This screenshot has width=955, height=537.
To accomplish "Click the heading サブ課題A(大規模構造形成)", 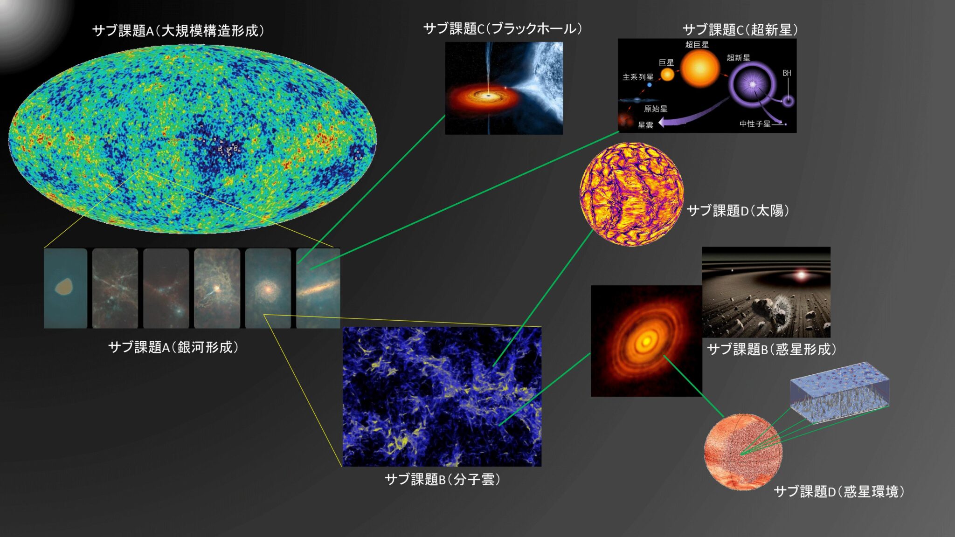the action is pos(178,31).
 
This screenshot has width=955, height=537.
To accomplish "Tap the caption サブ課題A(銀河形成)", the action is pos(173,347).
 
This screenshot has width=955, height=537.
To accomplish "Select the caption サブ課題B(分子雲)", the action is pos(443,479).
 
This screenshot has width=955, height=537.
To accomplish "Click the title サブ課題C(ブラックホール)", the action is pos(503,29).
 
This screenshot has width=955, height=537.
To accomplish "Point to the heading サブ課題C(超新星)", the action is pos(740,30).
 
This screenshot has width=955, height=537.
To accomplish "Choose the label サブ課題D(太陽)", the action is pos(738,211).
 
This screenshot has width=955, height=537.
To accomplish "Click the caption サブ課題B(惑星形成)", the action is pos(772,349).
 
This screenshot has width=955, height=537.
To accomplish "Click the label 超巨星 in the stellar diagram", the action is pos(697,45).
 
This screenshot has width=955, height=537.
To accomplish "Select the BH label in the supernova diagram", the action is pos(787,73).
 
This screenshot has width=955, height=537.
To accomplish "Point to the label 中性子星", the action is pos(755,124).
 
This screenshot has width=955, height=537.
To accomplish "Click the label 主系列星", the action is pos(638,77).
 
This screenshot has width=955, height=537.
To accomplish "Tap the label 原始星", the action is pos(656,109).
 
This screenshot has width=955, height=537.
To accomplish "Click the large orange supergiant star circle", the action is pos(700,69).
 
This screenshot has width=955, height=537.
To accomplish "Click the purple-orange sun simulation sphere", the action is pos(632,194).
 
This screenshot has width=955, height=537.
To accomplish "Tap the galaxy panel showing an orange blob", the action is pos(65,288).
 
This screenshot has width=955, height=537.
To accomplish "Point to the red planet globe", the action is pos(743,452).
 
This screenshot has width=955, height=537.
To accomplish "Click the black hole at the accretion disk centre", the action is pos(489,95).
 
